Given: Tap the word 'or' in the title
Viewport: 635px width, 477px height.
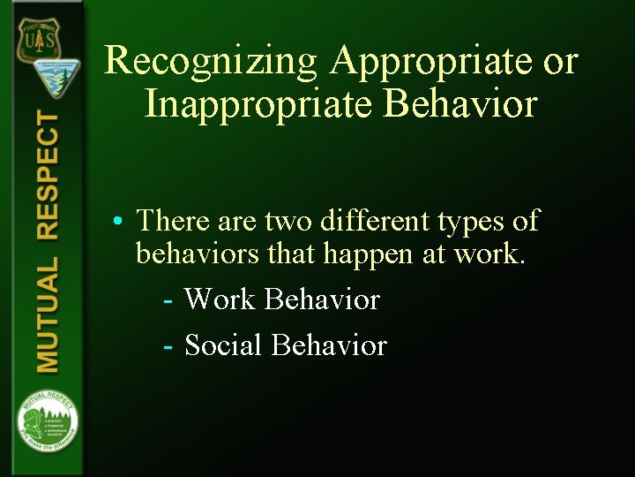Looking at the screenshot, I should click(559, 62).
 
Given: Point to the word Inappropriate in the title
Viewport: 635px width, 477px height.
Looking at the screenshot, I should click(262, 104).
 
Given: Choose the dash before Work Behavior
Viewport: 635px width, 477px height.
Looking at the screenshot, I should click(168, 300).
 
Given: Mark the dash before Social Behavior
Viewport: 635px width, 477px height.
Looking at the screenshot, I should click(168, 345).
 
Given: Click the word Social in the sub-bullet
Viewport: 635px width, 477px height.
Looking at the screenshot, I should click(223, 344).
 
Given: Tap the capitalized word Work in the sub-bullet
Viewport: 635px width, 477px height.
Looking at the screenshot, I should click(220, 299).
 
